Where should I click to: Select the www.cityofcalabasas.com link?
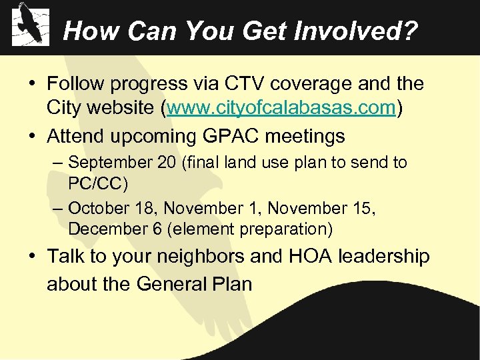[x=282, y=107]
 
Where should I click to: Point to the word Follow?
[x=76, y=84]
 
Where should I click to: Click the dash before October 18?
[x=58, y=208]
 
